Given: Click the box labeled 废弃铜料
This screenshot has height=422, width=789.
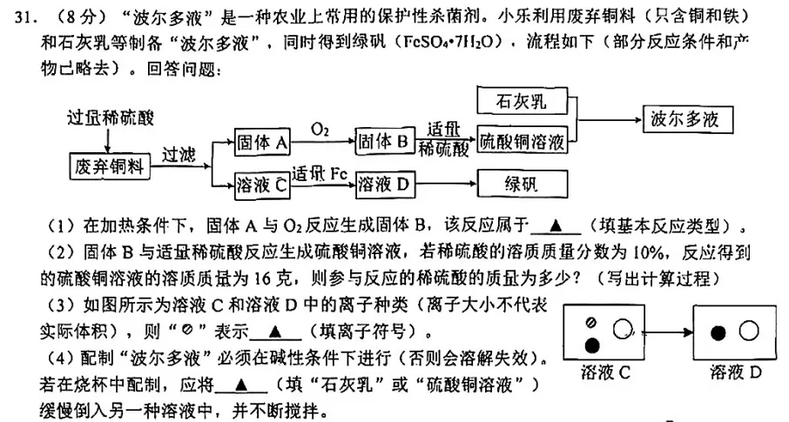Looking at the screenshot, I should [110, 165].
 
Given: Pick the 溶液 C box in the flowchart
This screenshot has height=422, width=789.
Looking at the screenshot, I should [262, 184].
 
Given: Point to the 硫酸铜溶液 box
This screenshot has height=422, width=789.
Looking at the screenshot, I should [522, 140].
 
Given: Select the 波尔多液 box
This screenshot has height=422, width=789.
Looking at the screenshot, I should [684, 120].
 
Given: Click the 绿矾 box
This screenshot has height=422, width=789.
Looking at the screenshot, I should [522, 184].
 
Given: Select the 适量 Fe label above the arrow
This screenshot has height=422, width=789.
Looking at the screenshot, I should [320, 172].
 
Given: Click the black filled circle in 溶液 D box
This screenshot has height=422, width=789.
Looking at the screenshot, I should [718, 332].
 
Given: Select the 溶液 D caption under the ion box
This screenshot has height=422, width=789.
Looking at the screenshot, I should [736, 372].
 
